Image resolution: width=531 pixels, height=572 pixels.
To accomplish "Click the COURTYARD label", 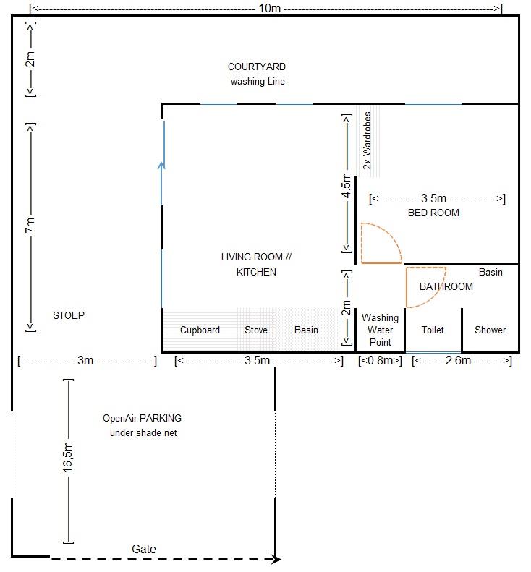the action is [257, 67].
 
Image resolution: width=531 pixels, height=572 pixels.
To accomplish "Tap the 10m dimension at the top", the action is [269, 8].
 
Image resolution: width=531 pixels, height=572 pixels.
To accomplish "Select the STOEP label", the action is [69, 315].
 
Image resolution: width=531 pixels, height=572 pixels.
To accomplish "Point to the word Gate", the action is [144, 549].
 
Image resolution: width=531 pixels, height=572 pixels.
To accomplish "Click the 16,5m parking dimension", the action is [68, 457].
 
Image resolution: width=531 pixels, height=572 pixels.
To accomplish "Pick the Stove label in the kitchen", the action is [256, 330].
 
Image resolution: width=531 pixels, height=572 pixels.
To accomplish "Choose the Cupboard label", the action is [200, 330].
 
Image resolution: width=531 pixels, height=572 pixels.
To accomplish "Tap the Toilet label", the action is [433, 330].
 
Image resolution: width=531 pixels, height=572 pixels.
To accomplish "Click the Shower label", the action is [490, 330].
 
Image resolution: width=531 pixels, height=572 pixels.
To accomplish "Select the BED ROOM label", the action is [433, 213].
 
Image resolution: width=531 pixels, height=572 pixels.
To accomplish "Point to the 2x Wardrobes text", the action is [367, 140].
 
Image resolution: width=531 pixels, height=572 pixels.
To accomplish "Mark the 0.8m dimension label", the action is [380, 360].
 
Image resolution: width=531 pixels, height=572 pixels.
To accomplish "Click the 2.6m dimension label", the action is [458, 360].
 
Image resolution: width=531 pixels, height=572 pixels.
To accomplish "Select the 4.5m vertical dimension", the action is [347, 186].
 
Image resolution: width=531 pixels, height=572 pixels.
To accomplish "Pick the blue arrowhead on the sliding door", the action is [161, 166].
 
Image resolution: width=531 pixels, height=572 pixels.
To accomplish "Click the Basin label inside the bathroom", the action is [490, 272].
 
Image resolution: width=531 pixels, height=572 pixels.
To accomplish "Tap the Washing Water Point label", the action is [380, 330].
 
